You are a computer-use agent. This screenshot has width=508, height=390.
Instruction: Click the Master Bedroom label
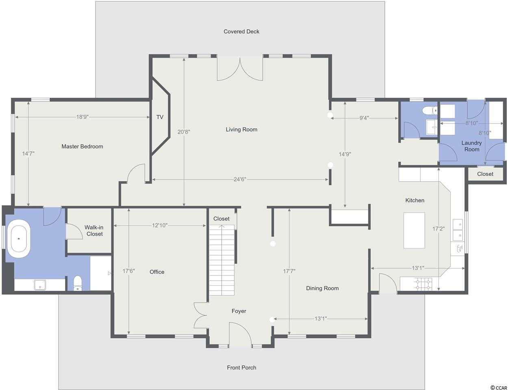click(x=82, y=147)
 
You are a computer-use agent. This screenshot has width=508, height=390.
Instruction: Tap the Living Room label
click(x=241, y=130)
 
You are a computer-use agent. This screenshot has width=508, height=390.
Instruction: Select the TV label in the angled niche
click(x=160, y=117)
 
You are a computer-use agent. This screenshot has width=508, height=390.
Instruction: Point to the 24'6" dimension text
click(x=240, y=179)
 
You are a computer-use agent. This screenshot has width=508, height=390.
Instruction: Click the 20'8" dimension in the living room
click(x=184, y=132)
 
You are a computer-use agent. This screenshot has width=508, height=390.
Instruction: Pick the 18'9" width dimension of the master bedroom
click(x=82, y=117)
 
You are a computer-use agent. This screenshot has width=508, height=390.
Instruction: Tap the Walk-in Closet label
click(x=94, y=231)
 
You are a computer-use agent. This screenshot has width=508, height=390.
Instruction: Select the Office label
click(x=157, y=272)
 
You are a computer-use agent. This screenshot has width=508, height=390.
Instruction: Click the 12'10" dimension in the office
click(x=160, y=225)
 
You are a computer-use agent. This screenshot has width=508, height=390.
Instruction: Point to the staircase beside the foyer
click(x=221, y=260)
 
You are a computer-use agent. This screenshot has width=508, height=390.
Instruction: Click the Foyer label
click(x=239, y=311)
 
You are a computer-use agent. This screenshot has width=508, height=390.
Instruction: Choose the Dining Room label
click(x=322, y=288)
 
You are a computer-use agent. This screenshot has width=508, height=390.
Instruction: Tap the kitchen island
click(x=414, y=230)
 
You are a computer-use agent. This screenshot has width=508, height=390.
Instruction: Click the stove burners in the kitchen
click(x=423, y=284)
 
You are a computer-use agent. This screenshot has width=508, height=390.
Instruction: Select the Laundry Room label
click(x=471, y=146)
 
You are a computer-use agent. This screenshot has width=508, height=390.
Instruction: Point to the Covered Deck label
click(x=241, y=32)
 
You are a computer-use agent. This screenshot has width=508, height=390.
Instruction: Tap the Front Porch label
click(x=241, y=368)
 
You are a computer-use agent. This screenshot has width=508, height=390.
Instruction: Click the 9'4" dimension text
click(x=364, y=118)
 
